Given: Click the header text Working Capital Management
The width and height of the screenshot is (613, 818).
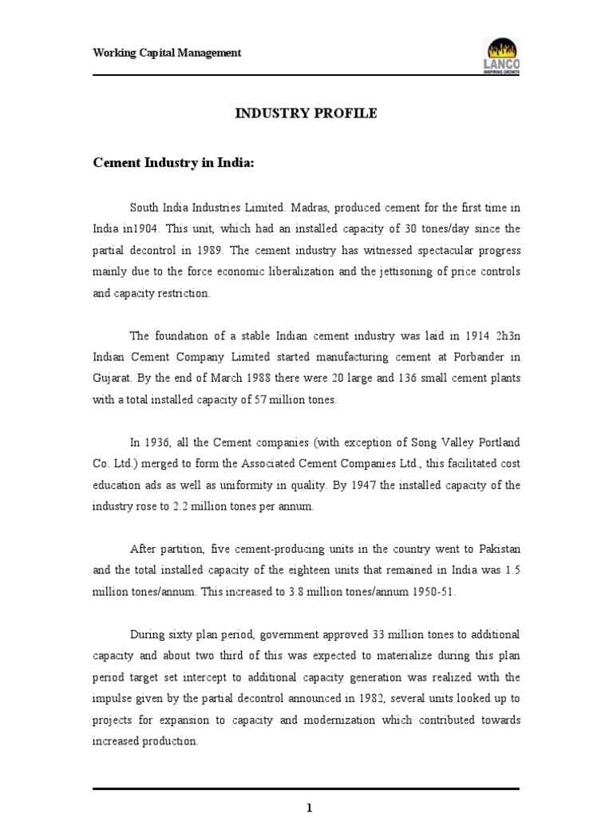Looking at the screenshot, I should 167,54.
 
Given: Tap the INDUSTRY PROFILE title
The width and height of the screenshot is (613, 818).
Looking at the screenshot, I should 306,113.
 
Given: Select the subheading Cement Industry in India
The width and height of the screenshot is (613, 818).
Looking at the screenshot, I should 173,162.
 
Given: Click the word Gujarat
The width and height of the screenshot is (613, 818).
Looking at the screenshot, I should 111,379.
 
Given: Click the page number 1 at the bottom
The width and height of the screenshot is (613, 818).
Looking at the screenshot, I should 308,808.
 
